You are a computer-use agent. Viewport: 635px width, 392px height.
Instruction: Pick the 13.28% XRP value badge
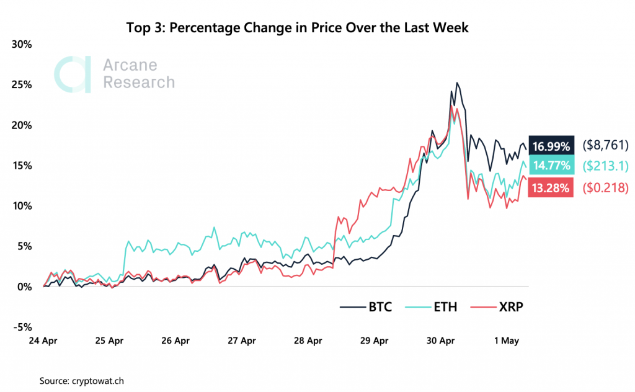click(x=549, y=188)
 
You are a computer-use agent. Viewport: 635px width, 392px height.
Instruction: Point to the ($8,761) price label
click(x=606, y=146)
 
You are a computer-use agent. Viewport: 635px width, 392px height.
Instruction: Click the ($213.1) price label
click(x=606, y=166)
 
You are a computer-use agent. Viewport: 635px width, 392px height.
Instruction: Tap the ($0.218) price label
click(x=606, y=188)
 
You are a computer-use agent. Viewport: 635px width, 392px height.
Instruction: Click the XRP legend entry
click(x=499, y=307)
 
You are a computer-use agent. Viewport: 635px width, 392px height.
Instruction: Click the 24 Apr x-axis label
click(x=43, y=341)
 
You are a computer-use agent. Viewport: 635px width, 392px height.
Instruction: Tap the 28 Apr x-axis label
click(x=309, y=341)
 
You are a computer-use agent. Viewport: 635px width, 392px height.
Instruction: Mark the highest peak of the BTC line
click(x=457, y=82)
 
